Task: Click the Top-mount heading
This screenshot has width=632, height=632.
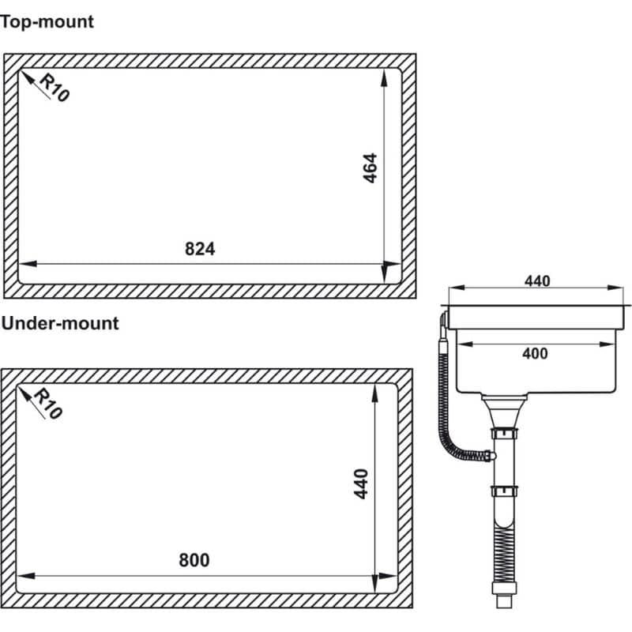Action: tap(47, 22)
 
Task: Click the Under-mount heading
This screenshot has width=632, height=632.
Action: tap(60, 324)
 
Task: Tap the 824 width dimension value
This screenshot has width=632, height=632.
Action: tap(200, 249)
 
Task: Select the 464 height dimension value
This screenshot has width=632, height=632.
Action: tap(370, 168)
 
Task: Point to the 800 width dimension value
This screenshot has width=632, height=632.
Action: tap(194, 560)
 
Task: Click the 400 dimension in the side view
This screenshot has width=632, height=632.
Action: tap(535, 354)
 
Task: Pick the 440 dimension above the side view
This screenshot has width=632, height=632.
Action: tap(537, 281)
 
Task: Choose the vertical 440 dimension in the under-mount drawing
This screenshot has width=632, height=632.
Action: tap(361, 483)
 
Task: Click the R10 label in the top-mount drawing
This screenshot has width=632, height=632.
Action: tap(55, 88)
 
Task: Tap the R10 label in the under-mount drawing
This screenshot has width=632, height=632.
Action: tap(48, 404)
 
